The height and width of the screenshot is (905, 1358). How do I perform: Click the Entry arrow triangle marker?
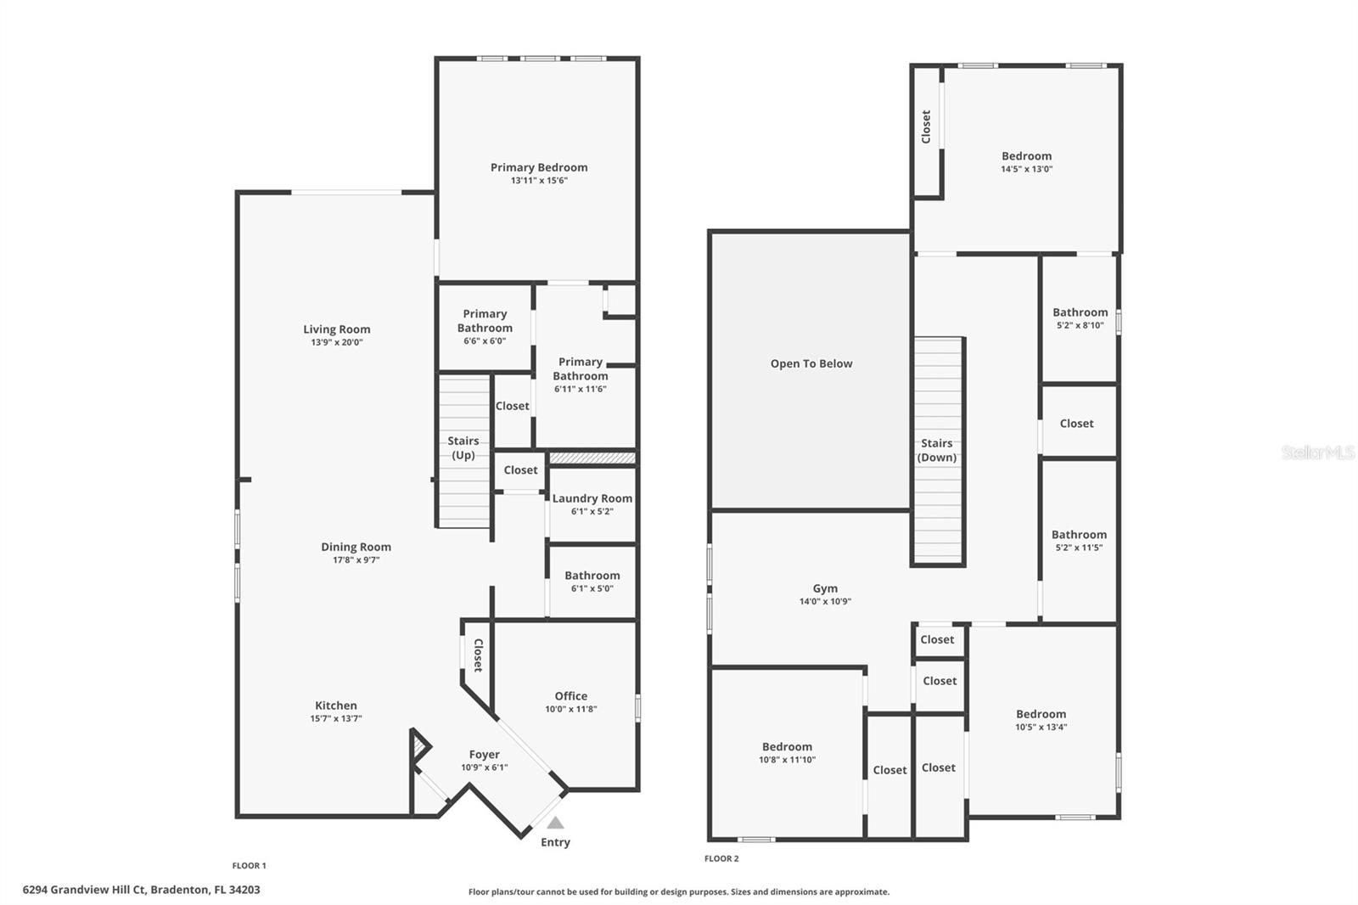[555, 823]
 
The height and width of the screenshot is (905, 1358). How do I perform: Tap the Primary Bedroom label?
[538, 167]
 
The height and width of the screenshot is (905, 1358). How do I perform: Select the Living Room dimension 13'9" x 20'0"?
[336, 343]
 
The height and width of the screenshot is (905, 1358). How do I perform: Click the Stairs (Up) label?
[463, 447]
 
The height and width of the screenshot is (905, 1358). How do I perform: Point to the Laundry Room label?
[592, 498]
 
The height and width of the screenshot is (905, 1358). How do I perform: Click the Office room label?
[570, 695]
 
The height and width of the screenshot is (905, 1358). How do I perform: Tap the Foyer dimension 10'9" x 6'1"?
[484, 767]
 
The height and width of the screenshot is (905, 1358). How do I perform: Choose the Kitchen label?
[335, 705]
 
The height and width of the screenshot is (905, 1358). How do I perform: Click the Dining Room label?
[356, 547]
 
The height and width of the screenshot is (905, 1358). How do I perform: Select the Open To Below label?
[811, 363]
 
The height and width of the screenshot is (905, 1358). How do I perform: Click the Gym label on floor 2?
[824, 587]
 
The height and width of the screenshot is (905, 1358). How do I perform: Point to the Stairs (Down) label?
[936, 450]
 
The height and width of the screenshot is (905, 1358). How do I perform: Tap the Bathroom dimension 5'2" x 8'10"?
[1080, 325]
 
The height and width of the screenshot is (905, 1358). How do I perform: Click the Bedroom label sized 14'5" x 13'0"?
[1026, 155]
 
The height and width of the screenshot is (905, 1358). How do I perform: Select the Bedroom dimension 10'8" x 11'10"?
[787, 760]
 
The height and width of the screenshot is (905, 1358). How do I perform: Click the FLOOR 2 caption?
[721, 858]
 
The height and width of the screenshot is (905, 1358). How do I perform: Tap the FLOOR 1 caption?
[249, 865]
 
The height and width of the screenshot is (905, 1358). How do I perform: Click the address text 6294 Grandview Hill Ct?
[85, 890]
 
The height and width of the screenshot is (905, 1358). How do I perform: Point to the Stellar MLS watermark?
[1317, 452]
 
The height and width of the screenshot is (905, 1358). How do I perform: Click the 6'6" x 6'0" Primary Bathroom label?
[485, 321]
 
